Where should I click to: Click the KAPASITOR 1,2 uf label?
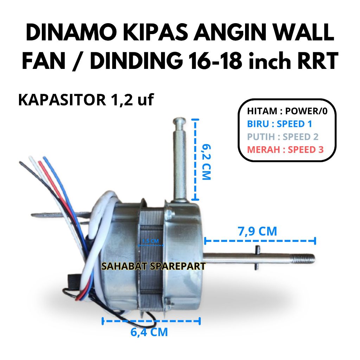86,100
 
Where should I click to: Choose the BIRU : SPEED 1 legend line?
279,124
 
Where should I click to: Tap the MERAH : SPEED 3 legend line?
285,149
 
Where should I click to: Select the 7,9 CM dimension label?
257,231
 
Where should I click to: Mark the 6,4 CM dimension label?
149,332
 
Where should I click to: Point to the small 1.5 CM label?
150,241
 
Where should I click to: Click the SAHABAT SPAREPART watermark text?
153,266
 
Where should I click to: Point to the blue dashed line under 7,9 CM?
260,241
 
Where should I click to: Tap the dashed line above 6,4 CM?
151,321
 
